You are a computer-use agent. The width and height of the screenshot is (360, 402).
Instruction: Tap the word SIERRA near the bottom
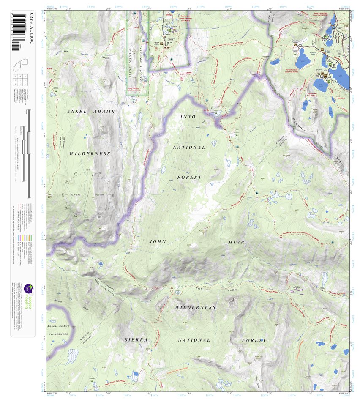(x=136, y=340)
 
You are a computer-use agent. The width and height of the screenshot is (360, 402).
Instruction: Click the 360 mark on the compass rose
(x=88, y=170)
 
